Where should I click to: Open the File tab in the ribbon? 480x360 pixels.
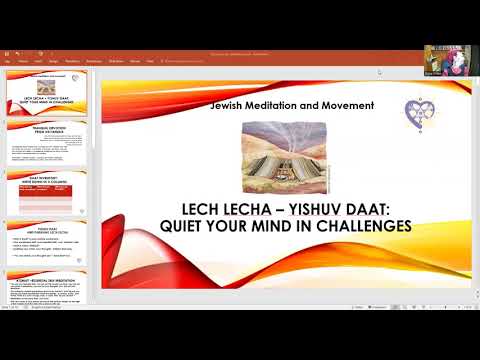pyautogui.click(x=8, y=60)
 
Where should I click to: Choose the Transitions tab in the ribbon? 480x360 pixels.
pyautogui.click(x=94, y=60)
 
